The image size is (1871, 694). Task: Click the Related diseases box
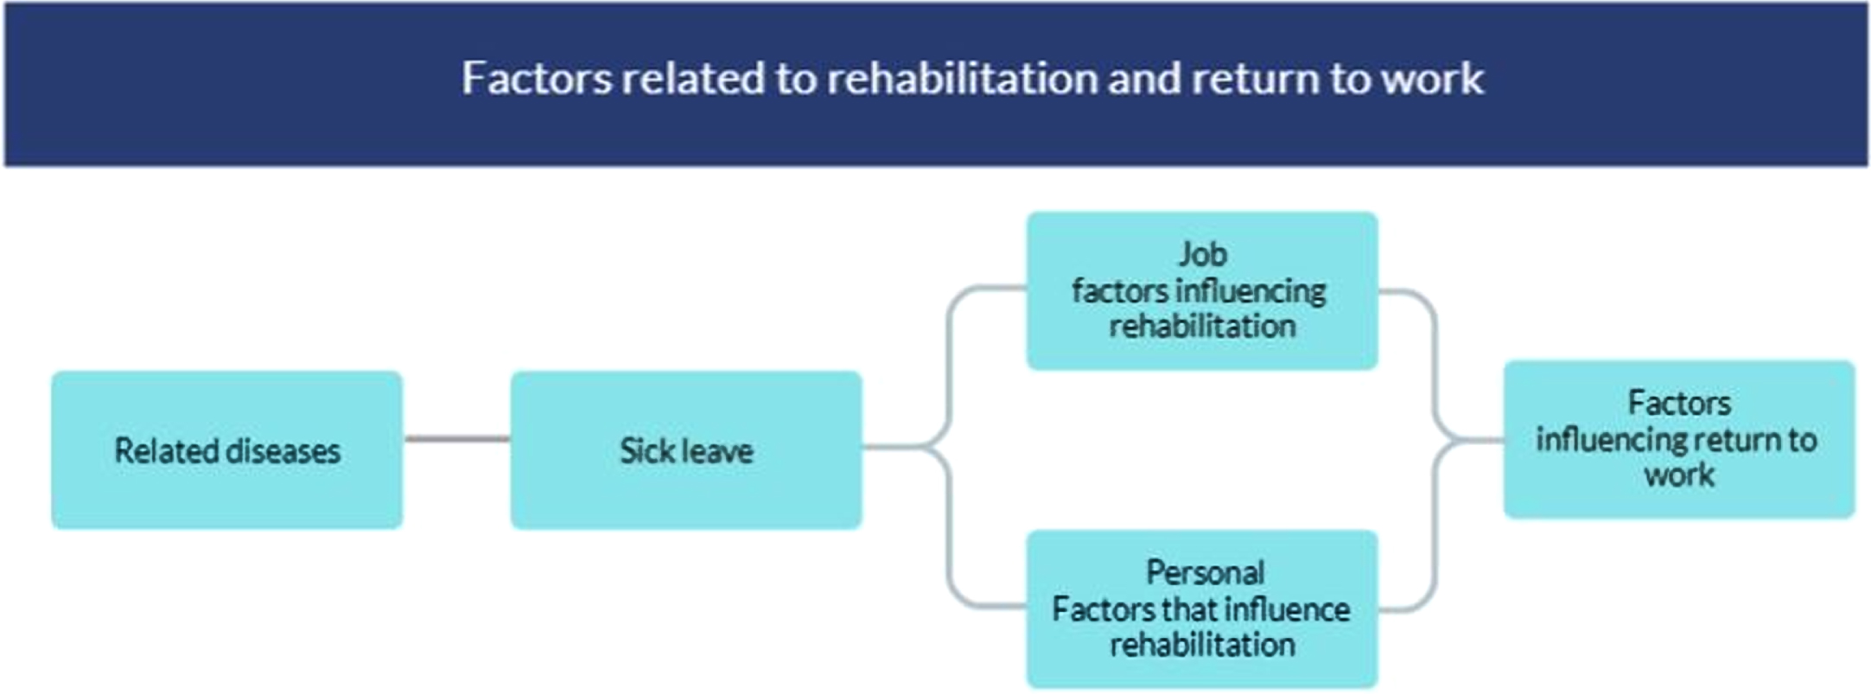click(227, 450)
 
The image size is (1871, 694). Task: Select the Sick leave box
click(686, 450)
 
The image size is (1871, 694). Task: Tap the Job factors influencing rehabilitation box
click(1202, 291)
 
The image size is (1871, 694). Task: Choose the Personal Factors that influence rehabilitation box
click(1202, 609)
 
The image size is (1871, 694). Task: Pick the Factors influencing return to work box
click(1679, 440)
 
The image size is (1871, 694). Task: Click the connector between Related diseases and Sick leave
click(457, 439)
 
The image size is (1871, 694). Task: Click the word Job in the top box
click(1203, 255)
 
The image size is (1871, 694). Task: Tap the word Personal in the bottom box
click(1205, 572)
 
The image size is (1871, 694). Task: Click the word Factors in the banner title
click(537, 78)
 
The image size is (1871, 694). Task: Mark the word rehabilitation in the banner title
click(962, 78)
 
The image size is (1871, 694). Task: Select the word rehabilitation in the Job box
click(1202, 327)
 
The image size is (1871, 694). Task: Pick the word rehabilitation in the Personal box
click(1202, 645)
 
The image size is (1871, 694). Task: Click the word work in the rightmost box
click(1679, 475)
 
